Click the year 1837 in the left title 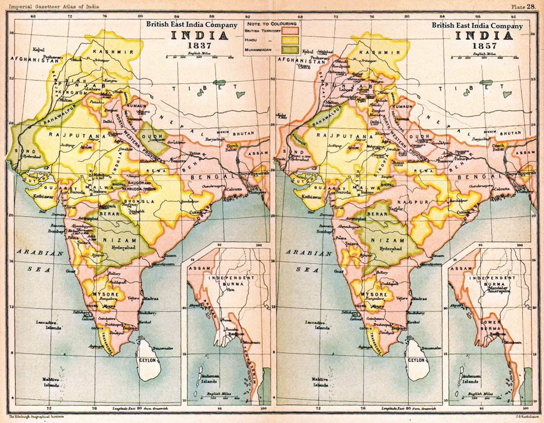(x=199, y=45)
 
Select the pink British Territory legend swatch (x=290, y=31)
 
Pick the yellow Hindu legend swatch (x=290, y=40)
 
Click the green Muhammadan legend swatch (x=290, y=50)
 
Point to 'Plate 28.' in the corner (x=523, y=7)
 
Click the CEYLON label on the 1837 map (x=147, y=360)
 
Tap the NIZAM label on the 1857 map (x=388, y=240)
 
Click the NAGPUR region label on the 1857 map (x=413, y=202)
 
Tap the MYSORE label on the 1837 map (x=106, y=294)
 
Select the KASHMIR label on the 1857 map (x=380, y=52)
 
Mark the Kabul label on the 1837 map (x=38, y=50)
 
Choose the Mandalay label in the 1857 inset (x=498, y=288)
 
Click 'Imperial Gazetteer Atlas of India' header (x=54, y=7)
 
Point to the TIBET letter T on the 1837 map (x=174, y=89)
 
